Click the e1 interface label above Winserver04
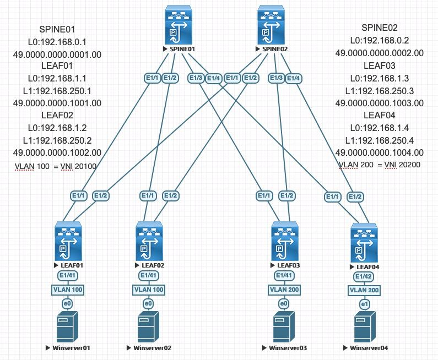pos(364,304)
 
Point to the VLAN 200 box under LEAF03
pos(284,289)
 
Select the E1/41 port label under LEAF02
pos(148,275)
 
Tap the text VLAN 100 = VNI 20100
pos(57,166)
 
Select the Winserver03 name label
pos(286,348)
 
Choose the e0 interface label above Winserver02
pos(148,304)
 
